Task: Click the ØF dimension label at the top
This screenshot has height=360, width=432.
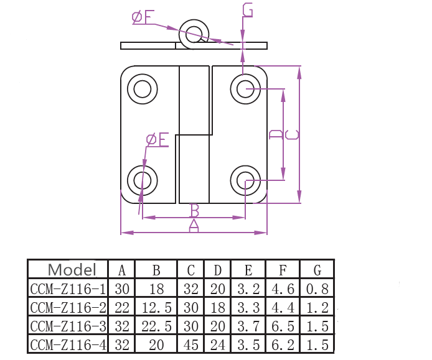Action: coord(143,17)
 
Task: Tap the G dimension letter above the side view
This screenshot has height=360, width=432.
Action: coord(247,11)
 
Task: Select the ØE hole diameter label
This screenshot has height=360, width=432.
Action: coord(157,139)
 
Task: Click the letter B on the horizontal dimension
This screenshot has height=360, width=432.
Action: coord(194,211)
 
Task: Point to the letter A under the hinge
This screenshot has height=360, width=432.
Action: coord(194,226)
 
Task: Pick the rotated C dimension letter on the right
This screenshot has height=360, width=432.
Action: coord(292,135)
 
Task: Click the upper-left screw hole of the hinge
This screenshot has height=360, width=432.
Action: coord(143,89)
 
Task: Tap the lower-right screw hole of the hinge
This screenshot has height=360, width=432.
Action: coord(245,180)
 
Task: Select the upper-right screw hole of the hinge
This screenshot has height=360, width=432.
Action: coord(245,89)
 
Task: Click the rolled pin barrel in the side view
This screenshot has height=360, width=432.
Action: coord(194,34)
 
